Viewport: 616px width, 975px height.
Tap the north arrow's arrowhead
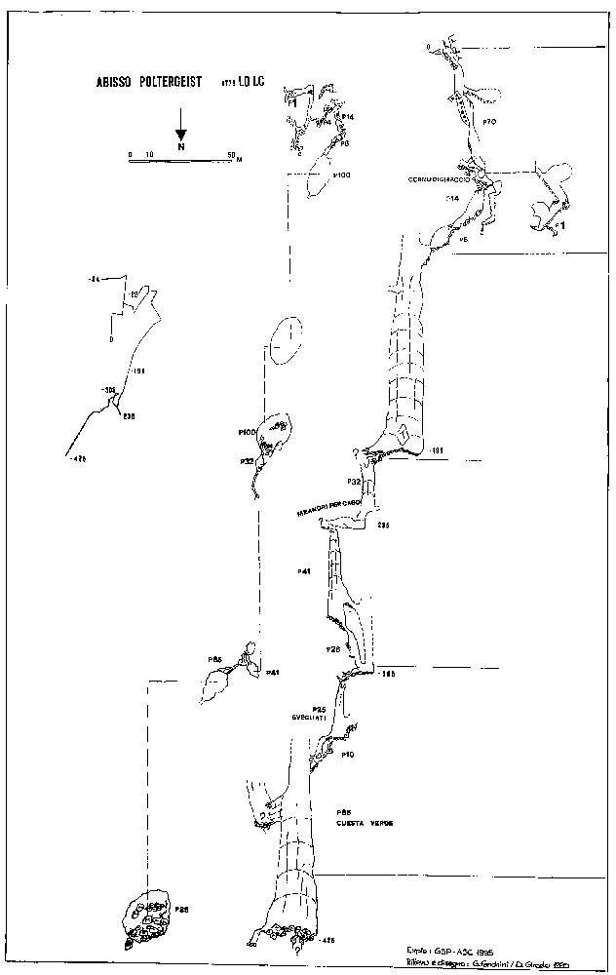coord(181,134)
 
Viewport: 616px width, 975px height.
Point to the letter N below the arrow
coord(181,147)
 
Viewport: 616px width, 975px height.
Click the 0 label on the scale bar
coord(131,154)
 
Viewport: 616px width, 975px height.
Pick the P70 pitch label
coord(490,121)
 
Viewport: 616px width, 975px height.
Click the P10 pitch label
coord(346,754)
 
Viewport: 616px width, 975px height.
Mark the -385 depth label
coord(387,673)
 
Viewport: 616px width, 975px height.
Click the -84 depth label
coord(95,281)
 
